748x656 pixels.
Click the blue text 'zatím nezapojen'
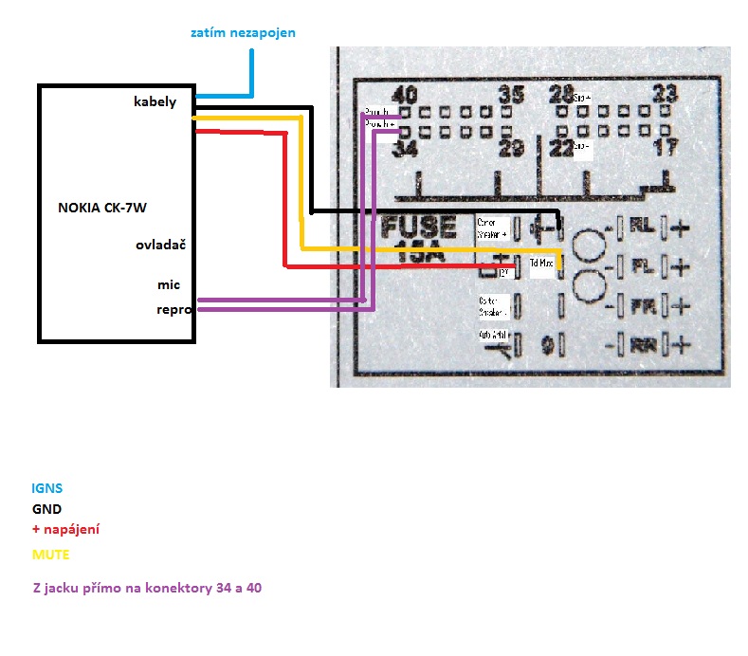242,32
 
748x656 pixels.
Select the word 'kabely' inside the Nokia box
155,102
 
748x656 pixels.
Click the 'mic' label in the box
169,284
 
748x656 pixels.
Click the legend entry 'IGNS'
47,488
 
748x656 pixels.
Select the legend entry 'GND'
46,509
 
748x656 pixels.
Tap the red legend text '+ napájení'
65,529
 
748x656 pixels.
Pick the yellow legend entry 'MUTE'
50,554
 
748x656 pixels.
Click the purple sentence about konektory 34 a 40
147,588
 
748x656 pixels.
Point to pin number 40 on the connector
405,95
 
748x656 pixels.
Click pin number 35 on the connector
511,95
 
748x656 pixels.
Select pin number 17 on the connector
667,148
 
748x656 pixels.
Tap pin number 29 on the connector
512,149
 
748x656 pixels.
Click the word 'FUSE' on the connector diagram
419,228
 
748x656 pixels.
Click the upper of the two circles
591,246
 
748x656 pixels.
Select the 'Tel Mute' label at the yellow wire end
541,262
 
